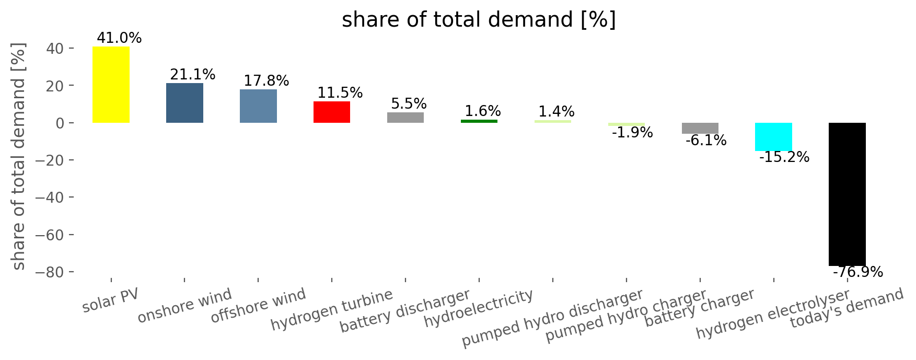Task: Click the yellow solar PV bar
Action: (x=111, y=85)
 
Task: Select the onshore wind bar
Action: (x=184, y=103)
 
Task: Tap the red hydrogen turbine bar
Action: (x=332, y=112)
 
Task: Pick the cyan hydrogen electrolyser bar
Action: (x=773, y=137)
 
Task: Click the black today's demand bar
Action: (x=847, y=194)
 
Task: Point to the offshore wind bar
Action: (x=258, y=106)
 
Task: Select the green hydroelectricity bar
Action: (x=479, y=121)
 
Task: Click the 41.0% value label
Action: (x=119, y=38)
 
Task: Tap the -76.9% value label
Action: (x=858, y=272)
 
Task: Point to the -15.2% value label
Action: (x=784, y=157)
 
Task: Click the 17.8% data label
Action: (x=266, y=81)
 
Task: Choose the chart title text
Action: (x=479, y=20)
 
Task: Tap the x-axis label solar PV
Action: (x=111, y=300)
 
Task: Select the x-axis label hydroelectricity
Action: (x=479, y=308)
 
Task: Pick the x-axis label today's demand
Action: (x=847, y=308)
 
